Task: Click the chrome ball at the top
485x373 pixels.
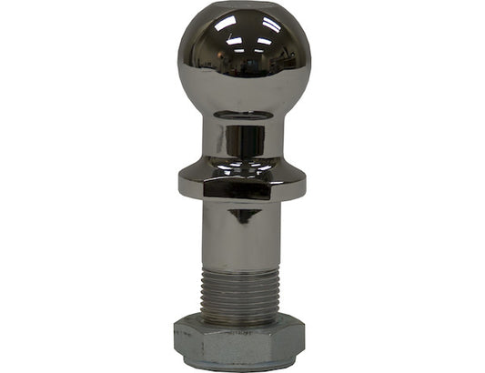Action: pyautogui.click(x=243, y=58)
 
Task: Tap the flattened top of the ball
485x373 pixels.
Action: pyautogui.click(x=243, y=7)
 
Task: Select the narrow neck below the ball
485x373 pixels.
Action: pyautogui.click(x=243, y=141)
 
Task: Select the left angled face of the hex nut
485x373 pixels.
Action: pyautogui.click(x=183, y=344)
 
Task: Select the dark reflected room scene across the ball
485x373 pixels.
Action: pyautogui.click(x=243, y=68)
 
